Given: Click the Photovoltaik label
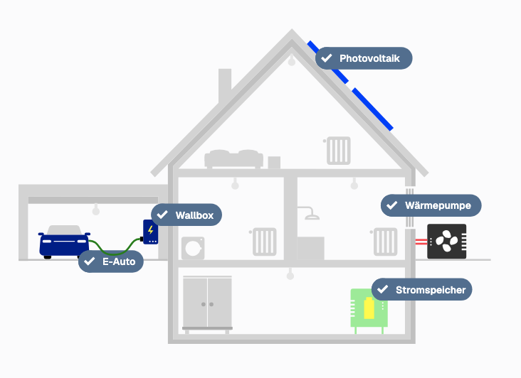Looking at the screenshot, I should coord(364,58).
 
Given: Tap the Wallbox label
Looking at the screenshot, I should coord(186,215).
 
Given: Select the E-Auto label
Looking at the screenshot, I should coord(111,261).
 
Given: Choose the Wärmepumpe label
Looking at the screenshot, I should coord(431,206).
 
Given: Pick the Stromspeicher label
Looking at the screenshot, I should coord(421,289).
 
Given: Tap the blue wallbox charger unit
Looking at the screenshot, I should coord(150,232).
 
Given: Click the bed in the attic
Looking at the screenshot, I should coord(234,158).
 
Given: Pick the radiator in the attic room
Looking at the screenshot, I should coord(339,151).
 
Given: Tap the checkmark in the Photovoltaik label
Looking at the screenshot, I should coord(327,58).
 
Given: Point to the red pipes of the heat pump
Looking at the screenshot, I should coord(421,242).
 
